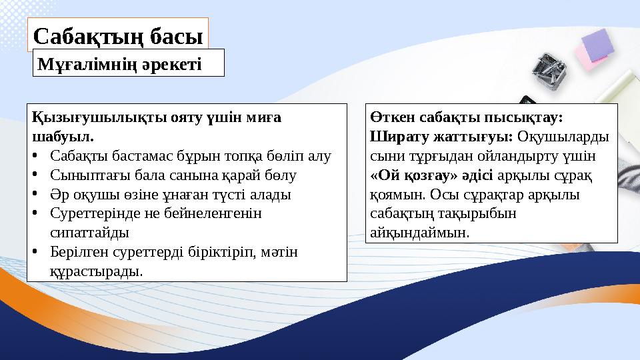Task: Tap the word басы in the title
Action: [173, 36]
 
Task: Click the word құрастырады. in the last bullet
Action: [96, 272]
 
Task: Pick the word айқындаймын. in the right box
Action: [419, 233]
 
